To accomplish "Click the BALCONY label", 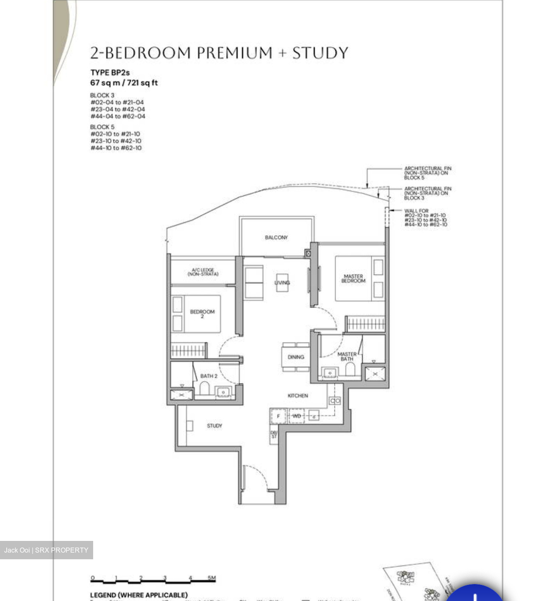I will (x=276, y=237).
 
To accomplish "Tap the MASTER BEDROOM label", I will (x=353, y=279).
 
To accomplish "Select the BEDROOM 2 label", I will (x=202, y=314).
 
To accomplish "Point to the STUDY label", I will (x=214, y=426).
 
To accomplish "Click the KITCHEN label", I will (x=297, y=396).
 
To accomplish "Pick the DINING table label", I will (x=296, y=357).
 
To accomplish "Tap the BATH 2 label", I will (x=208, y=376).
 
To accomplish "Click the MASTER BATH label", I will (x=347, y=356).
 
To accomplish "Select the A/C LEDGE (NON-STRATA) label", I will (x=203, y=272).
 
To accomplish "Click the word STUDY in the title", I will (x=320, y=53).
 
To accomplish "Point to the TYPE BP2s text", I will (x=110, y=73).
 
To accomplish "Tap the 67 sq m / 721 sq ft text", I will (x=124, y=83).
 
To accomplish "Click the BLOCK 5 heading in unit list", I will (x=102, y=127).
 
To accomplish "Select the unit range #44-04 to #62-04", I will (x=118, y=116).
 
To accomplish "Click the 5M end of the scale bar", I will (x=212, y=578).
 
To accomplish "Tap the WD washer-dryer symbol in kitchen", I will (x=296, y=416).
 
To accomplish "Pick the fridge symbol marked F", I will (x=278, y=416).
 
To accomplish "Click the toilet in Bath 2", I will (x=204, y=389).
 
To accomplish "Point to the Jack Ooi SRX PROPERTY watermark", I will (x=46, y=550).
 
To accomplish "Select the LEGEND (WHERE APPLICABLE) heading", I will (x=139, y=595).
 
